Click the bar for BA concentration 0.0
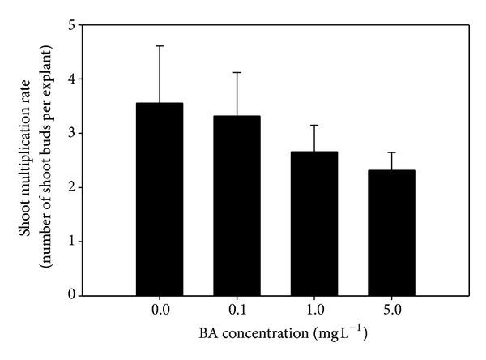tap(159, 199)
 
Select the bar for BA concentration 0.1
tap(237, 206)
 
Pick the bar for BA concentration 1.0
tap(314, 224)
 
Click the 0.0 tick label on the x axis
tap(159, 310)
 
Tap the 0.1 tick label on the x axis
tap(237, 310)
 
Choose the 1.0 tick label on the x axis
tap(314, 310)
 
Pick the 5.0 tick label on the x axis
tap(391, 310)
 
